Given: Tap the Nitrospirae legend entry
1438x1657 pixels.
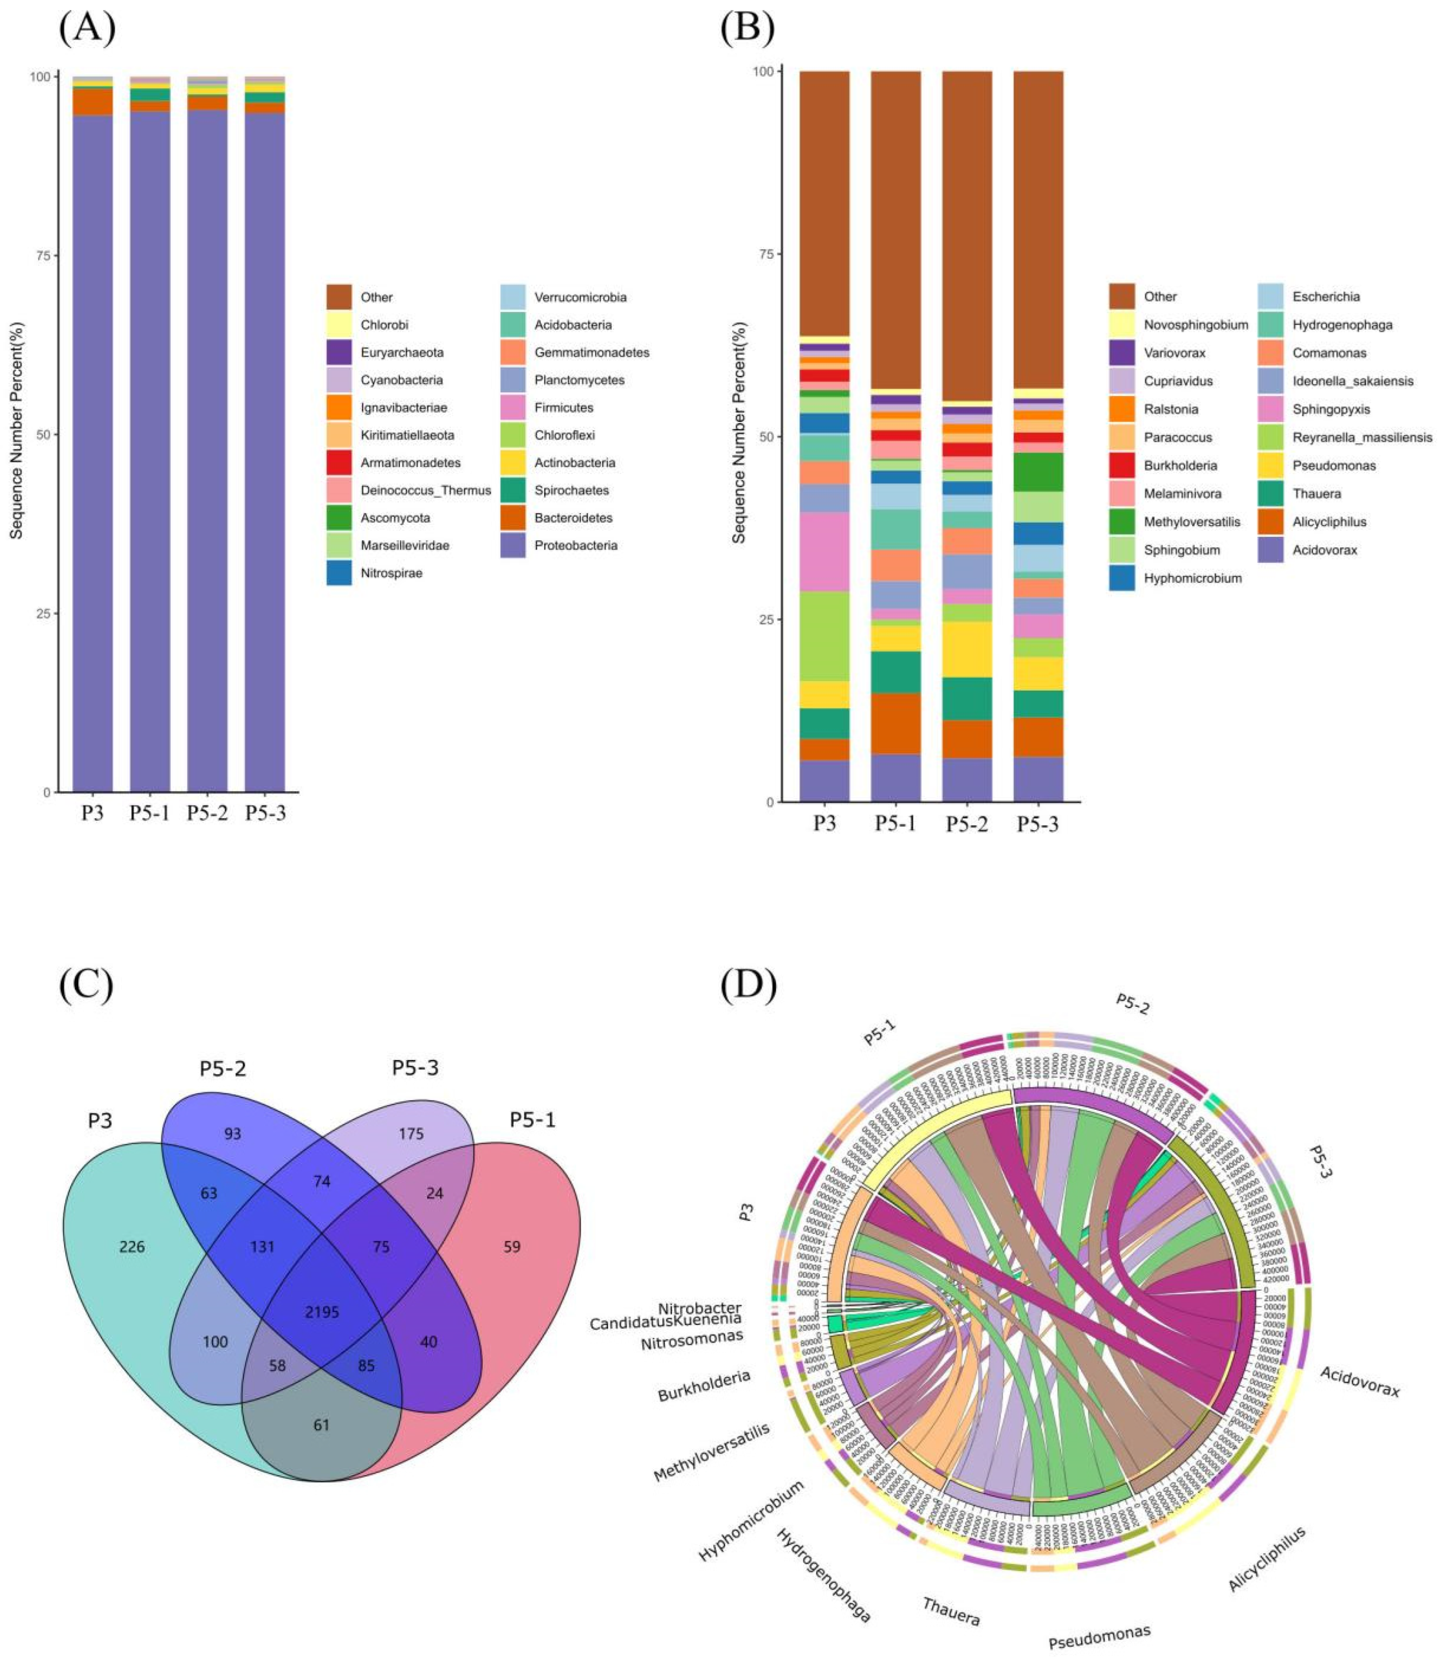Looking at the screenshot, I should [339, 573].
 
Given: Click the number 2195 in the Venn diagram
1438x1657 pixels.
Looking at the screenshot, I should [322, 1312].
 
